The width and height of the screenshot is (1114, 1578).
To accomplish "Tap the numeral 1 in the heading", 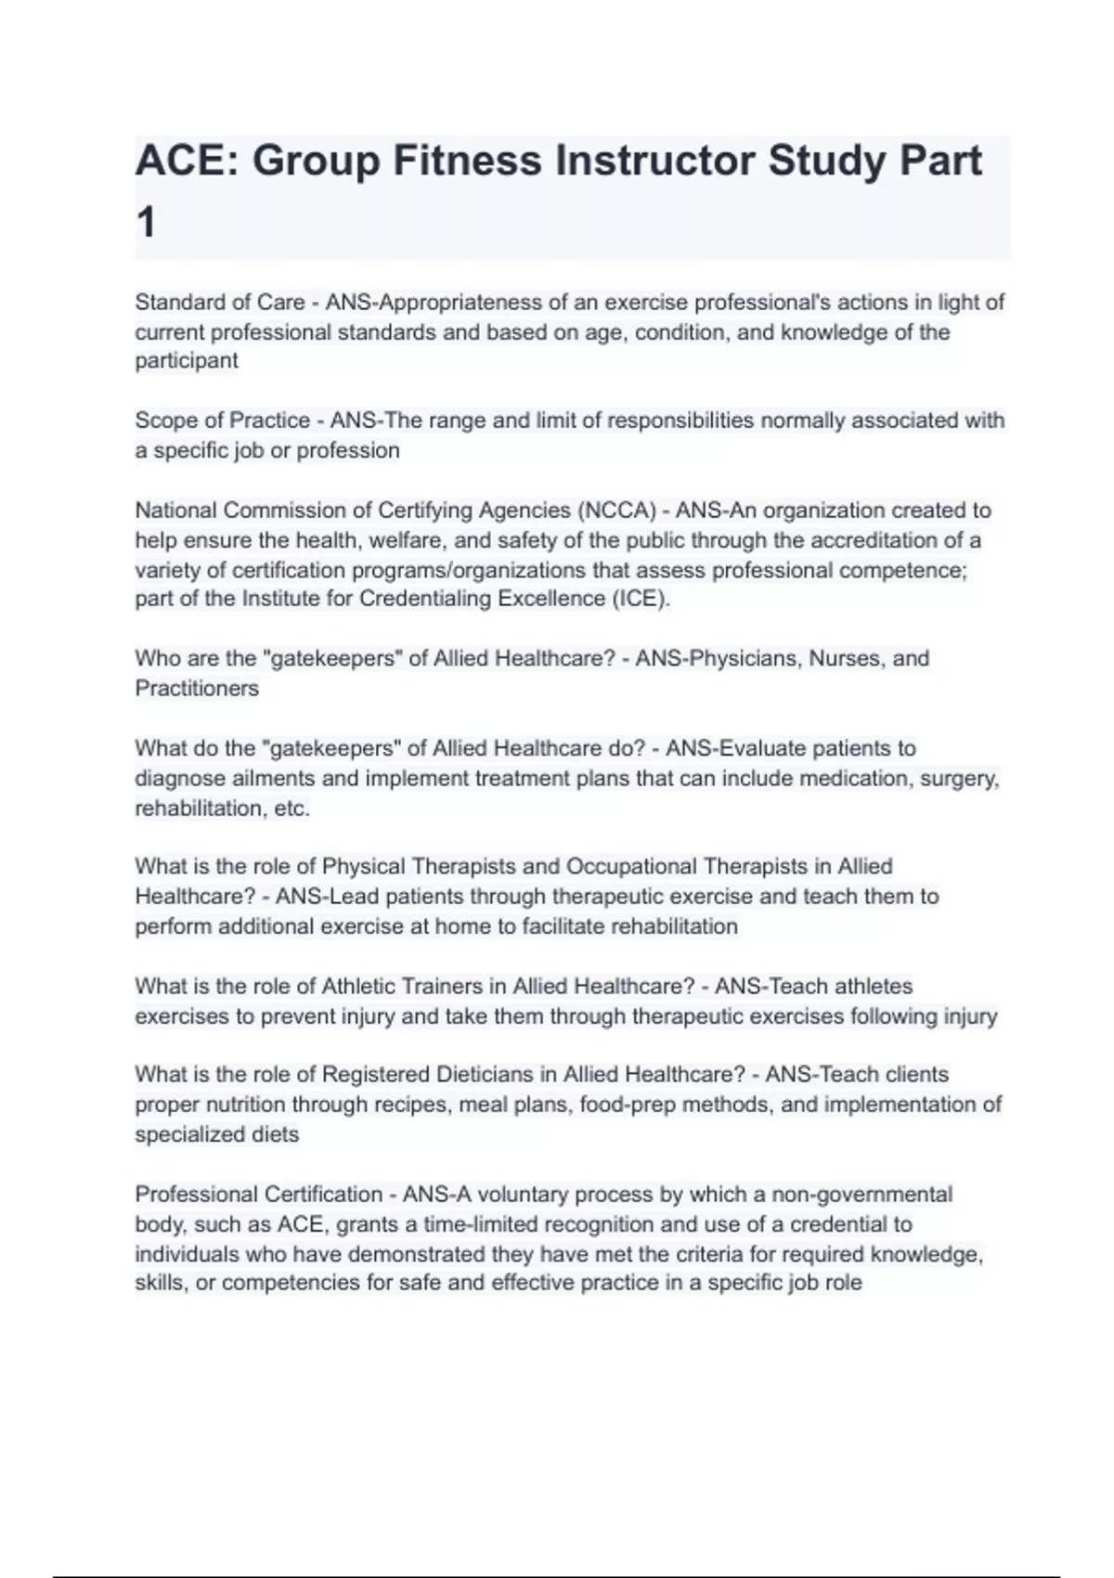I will pos(146,224).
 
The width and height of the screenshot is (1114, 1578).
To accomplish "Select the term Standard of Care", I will pos(220,303).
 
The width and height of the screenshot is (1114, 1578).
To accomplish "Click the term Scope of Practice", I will pos(223,420).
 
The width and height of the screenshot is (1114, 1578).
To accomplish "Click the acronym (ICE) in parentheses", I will pos(640,599).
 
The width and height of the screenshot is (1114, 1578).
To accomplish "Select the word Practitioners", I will pos(197,688).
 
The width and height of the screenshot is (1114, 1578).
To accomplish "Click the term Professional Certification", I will pos(259,1194).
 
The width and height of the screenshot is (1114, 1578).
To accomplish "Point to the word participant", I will pos(187,360).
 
